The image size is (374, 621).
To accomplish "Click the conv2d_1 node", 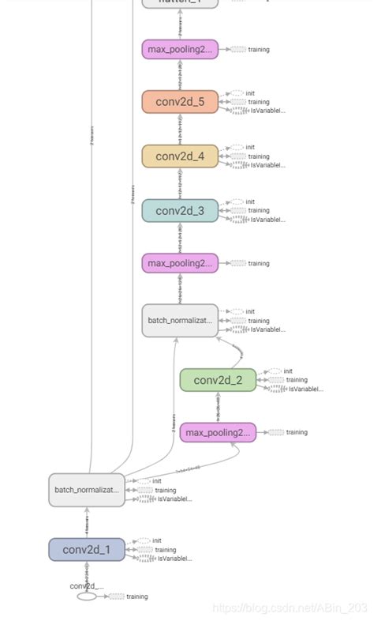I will tap(87, 550).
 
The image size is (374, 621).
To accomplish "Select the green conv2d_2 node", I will tap(218, 380).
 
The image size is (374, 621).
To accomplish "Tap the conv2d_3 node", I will tap(180, 211).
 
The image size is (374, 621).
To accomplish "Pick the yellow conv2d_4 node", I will tap(180, 156).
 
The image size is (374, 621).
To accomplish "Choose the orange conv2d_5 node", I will tap(180, 102).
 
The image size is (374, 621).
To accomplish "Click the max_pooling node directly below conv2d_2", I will tap(218, 432).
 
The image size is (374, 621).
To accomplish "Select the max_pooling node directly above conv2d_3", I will tap(180, 263).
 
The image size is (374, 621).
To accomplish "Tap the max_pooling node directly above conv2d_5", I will tap(180, 50).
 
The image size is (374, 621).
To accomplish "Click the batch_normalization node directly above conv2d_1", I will tap(87, 490).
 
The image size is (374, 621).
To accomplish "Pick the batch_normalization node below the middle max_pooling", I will tap(180, 321).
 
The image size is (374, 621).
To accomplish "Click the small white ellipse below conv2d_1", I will tap(87, 597).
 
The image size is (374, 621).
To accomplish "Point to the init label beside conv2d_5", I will tap(250, 93).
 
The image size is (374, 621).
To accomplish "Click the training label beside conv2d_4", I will tap(258, 156).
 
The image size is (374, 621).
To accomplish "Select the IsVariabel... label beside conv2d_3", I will tap(267, 220).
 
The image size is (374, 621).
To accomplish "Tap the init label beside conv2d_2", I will tap(288, 371).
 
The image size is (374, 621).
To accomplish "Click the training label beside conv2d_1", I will tap(165, 550).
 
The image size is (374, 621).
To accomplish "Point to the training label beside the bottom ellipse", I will tap(137, 597).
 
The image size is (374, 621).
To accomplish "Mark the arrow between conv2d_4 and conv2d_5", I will tap(180, 130).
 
